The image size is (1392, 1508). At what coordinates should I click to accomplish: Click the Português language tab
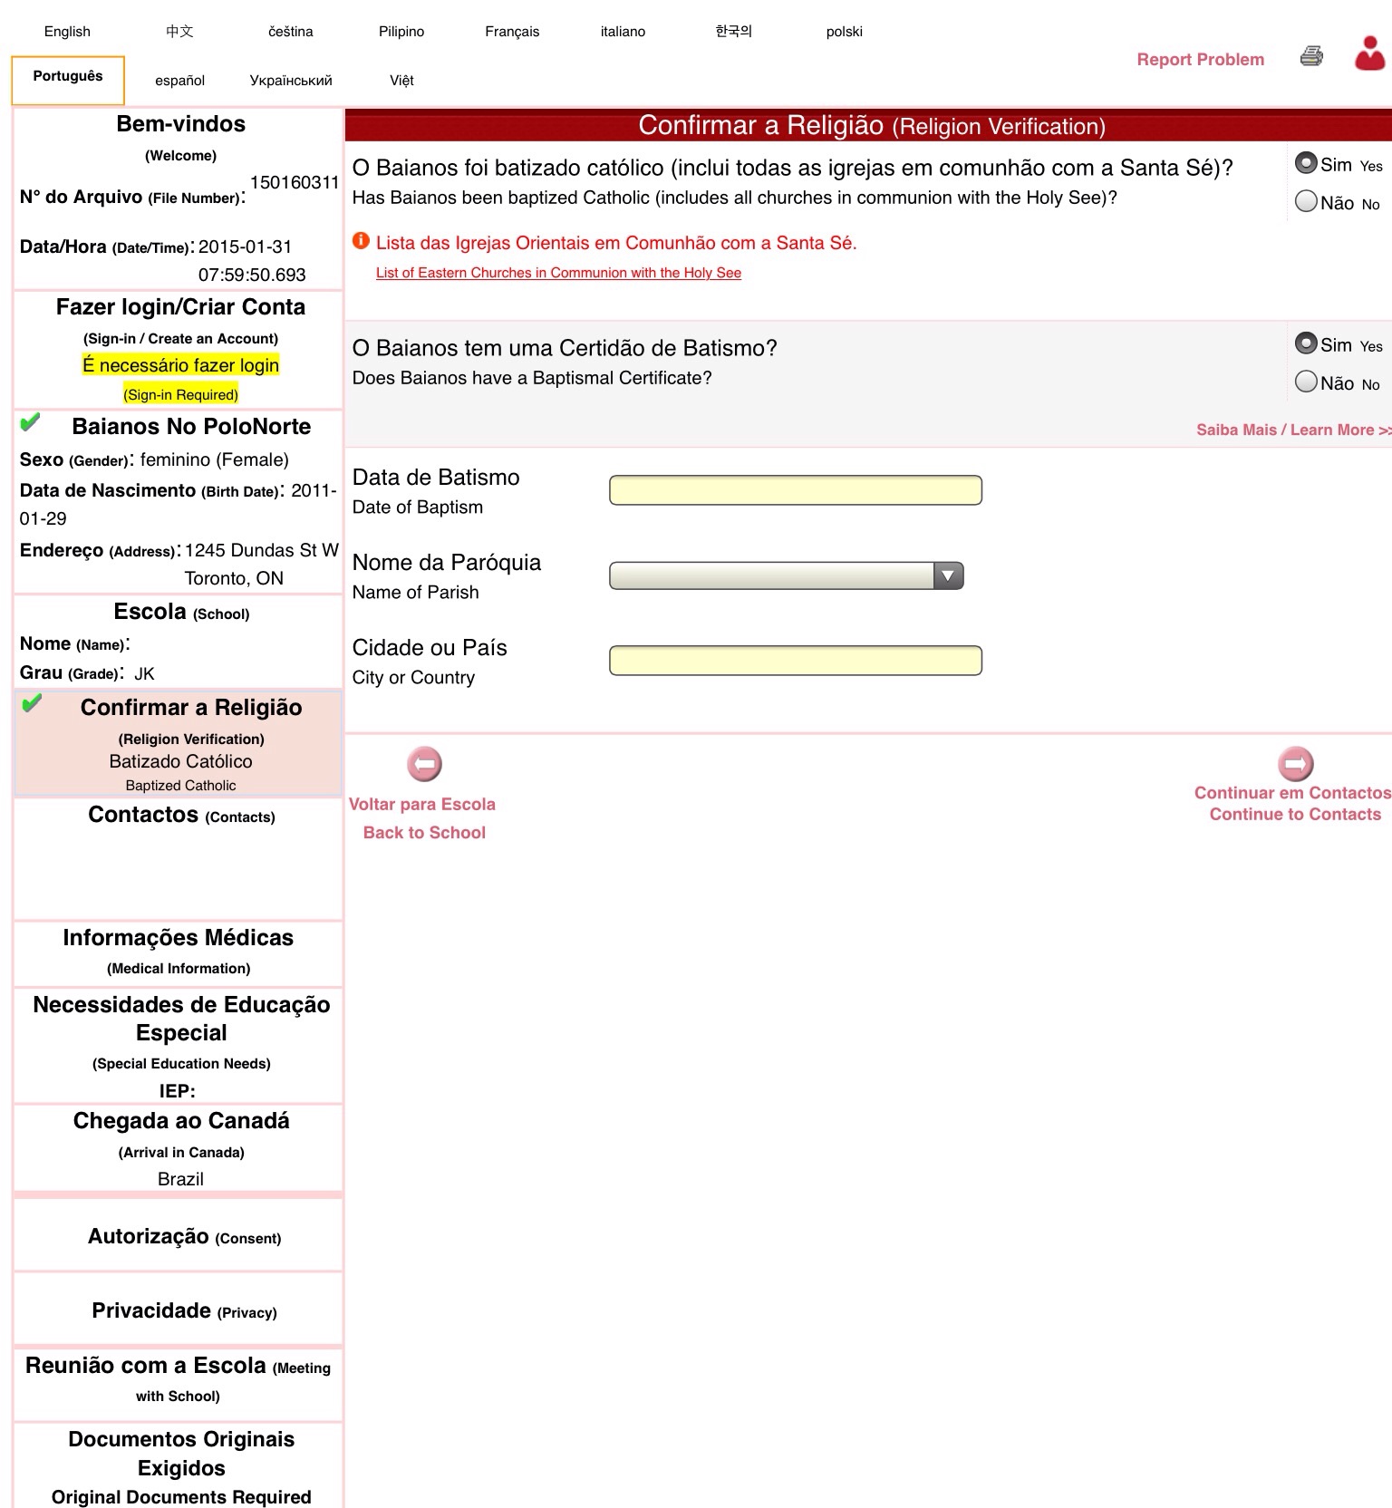tap(68, 77)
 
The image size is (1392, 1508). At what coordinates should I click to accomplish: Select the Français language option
tap(512, 32)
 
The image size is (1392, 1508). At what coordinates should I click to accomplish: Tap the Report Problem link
tap(1200, 60)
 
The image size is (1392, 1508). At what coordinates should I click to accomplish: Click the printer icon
tap(1311, 56)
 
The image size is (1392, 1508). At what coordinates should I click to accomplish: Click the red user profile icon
tap(1369, 53)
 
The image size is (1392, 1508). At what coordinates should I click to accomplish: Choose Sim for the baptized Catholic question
tap(1306, 163)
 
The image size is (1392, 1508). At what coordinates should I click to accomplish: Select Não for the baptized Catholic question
tap(1306, 201)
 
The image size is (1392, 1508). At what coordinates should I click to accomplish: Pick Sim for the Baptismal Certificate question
tap(1306, 343)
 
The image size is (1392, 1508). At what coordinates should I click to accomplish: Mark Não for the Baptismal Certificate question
tap(1306, 382)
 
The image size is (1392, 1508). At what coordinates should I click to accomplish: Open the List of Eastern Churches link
tap(558, 273)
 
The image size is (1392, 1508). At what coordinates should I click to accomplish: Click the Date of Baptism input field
tap(795, 490)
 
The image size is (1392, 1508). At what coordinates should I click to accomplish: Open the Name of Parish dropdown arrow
tap(948, 575)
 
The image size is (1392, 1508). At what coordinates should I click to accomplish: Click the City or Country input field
tap(795, 661)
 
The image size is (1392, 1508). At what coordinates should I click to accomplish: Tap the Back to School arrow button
tap(424, 764)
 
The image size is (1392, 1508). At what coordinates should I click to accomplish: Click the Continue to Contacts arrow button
tap(1296, 764)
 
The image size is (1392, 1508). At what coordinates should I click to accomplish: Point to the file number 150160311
tap(295, 182)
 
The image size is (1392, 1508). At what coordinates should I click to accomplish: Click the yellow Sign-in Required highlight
tap(181, 394)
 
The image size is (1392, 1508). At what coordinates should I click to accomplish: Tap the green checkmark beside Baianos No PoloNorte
tap(30, 422)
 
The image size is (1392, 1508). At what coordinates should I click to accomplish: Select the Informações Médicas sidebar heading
tap(179, 938)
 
